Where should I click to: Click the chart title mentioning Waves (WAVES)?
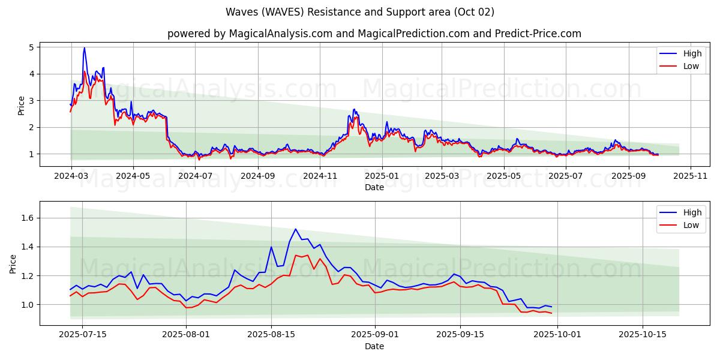coord(360,12)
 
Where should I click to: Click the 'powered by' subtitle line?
coord(374,34)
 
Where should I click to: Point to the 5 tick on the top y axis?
coord(32,47)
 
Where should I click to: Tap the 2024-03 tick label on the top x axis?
coord(71,176)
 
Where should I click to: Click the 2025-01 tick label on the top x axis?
coord(382,176)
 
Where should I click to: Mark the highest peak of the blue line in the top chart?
coord(84,47)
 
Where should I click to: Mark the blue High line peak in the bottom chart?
coord(295,229)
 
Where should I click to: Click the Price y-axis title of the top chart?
coord(22,106)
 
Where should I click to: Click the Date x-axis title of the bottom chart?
coord(374,346)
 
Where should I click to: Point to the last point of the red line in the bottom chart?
coord(551,313)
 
